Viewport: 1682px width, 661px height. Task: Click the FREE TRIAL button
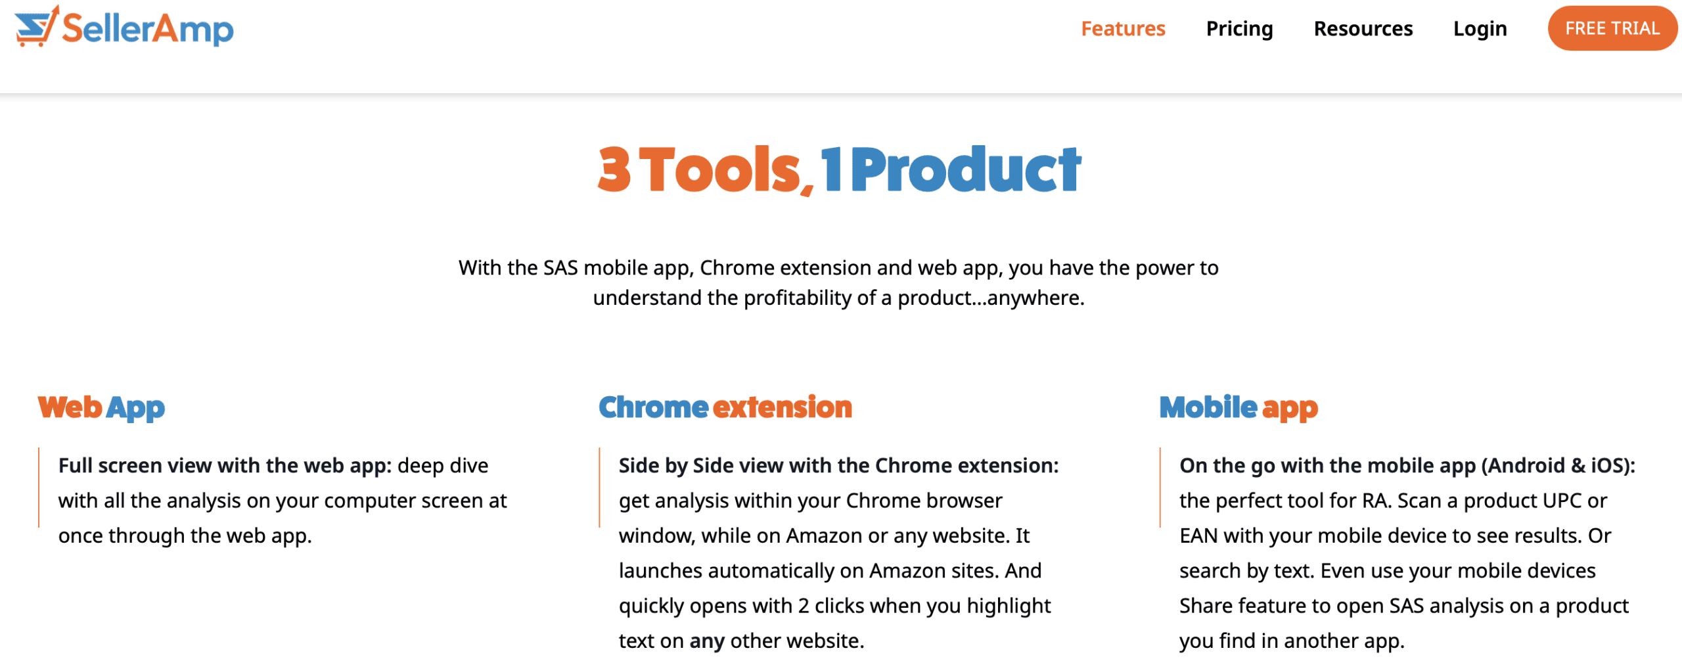(x=1612, y=28)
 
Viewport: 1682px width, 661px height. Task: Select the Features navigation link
(x=1123, y=29)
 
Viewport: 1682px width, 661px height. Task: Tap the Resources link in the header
(x=1363, y=29)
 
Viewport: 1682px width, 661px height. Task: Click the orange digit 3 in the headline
(x=614, y=170)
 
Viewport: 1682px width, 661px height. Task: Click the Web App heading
(x=101, y=407)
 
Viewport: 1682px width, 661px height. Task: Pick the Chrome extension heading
(x=725, y=407)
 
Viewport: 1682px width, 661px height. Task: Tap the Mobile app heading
(x=1239, y=407)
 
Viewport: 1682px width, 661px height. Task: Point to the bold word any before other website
(x=707, y=641)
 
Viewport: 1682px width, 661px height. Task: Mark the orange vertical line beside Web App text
(x=39, y=488)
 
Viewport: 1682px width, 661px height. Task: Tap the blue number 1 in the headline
(x=830, y=170)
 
